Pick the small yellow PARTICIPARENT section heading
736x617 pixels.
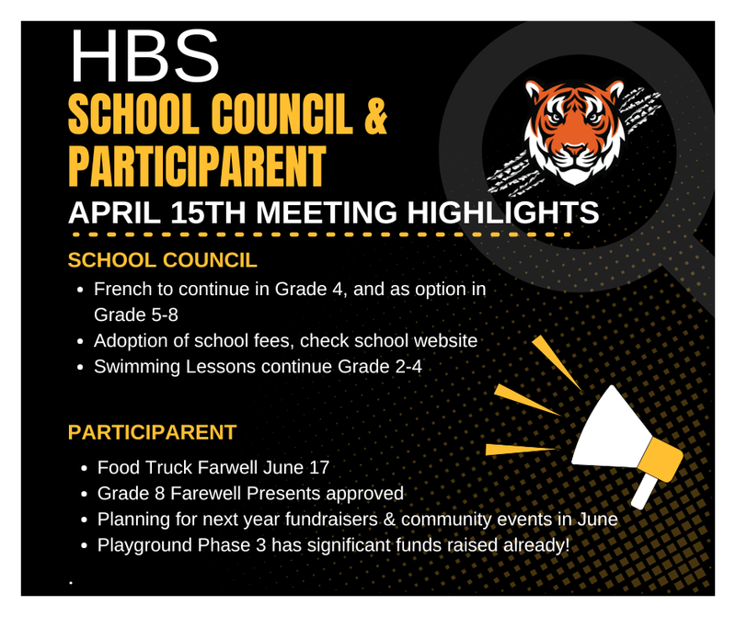153,430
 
